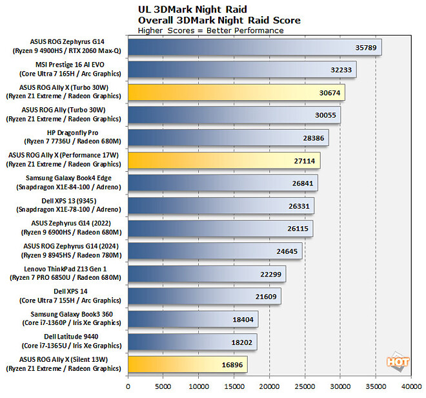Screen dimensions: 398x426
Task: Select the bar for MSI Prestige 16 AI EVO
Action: [242, 70]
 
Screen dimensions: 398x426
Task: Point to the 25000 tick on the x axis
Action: [305, 386]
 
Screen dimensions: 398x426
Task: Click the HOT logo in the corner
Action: [398, 362]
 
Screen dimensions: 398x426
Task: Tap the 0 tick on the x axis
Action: [128, 386]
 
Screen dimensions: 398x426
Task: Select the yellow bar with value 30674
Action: [236, 92]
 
